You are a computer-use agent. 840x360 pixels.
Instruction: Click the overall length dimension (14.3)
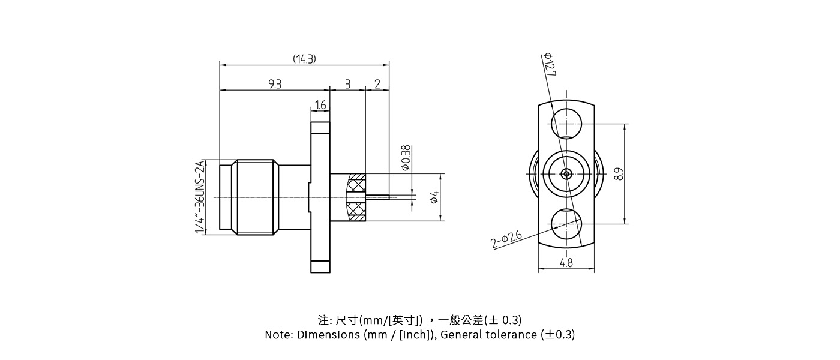pyautogui.click(x=304, y=59)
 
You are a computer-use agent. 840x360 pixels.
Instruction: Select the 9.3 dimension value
pyautogui.click(x=275, y=84)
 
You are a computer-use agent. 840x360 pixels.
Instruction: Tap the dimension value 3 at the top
pyautogui.click(x=347, y=84)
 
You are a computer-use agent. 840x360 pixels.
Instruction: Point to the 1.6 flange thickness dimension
pyautogui.click(x=320, y=106)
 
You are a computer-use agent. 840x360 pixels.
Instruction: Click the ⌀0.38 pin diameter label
pyautogui.click(x=406, y=158)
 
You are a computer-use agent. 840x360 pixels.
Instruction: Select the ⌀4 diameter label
pyautogui.click(x=434, y=197)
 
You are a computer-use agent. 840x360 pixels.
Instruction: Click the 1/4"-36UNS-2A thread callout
pyautogui.click(x=200, y=197)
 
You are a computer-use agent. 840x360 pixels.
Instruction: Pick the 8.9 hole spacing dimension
pyautogui.click(x=619, y=174)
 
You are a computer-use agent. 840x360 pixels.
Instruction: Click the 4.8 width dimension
pyautogui.click(x=566, y=263)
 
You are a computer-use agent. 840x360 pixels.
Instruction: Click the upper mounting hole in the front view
pyautogui.click(x=566, y=124)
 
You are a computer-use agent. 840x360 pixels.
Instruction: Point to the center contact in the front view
pyautogui.click(x=566, y=174)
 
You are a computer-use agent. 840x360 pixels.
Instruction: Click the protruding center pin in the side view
pyautogui.click(x=378, y=196)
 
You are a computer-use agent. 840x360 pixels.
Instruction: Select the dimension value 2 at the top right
pyautogui.click(x=377, y=84)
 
